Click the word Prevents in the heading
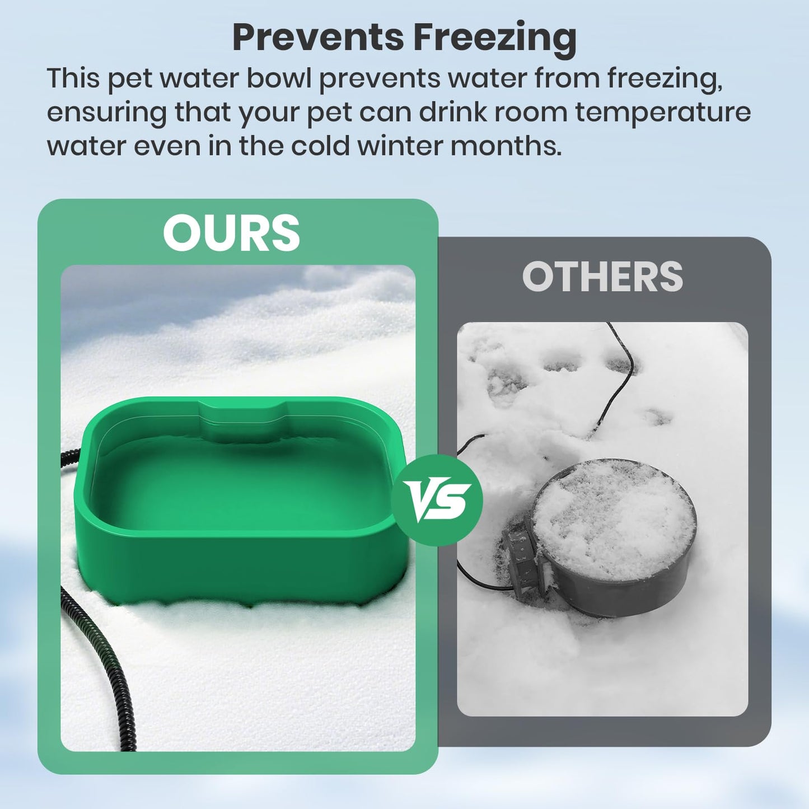319,38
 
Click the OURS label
231,233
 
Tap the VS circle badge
437,500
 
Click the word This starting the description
73,78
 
